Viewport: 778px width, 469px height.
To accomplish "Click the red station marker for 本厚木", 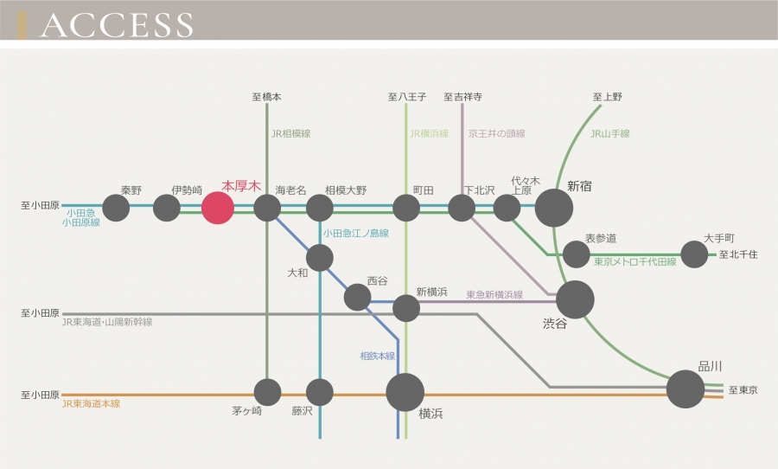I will [x=217, y=208].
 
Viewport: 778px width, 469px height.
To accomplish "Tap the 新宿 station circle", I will [x=554, y=208].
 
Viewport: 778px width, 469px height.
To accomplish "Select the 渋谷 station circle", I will [x=575, y=299].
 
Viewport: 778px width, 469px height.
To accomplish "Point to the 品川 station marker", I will [x=686, y=389].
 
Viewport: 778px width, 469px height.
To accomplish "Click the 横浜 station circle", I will [x=405, y=392].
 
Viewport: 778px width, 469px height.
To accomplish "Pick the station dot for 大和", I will [x=320, y=257].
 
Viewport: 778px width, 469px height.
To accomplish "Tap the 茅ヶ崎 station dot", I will [x=267, y=392].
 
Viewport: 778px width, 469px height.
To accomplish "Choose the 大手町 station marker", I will [x=694, y=254].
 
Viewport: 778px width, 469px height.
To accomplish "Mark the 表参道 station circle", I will [x=577, y=254].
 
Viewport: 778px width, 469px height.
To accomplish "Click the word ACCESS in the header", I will [x=117, y=25].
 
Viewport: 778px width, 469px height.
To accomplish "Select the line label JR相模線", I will [x=290, y=134].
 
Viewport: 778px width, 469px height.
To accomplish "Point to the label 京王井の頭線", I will [x=497, y=134].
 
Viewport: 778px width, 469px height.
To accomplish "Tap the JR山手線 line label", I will [x=610, y=134].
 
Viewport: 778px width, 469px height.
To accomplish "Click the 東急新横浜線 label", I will [x=494, y=295].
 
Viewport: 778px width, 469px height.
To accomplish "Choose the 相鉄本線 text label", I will [x=378, y=356].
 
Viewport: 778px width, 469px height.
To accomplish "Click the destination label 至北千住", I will [x=738, y=255].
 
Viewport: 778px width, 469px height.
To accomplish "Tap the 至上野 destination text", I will [x=607, y=97].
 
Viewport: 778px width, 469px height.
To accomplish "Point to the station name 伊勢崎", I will [x=187, y=189].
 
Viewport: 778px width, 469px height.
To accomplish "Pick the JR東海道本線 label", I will [x=91, y=404].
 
